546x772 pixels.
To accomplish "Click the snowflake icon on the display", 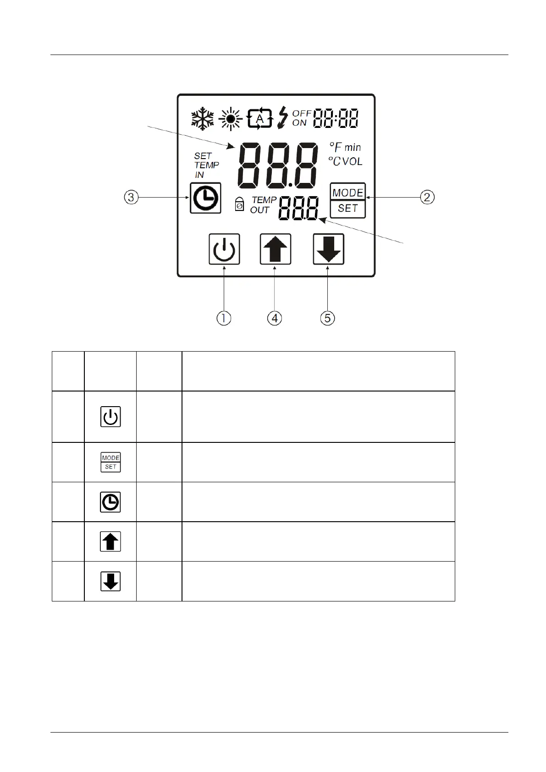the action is [203, 119].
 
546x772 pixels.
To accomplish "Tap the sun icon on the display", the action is [230, 119].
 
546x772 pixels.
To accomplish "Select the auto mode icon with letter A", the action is [260, 118].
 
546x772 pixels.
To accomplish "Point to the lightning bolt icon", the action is [283, 117].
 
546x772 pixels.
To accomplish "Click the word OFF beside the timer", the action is [302, 113].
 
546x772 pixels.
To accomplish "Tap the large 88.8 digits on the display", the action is [277, 165].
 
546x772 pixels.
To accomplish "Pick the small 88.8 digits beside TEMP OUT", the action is [298, 209].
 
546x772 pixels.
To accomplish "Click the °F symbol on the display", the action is [336, 148].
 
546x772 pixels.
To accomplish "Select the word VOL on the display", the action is [352, 161].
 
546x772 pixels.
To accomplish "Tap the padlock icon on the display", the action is [239, 204].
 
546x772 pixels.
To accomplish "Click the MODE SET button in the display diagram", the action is [347, 200].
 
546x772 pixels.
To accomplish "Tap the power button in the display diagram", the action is [224, 249].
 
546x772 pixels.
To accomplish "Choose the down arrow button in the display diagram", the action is [328, 249].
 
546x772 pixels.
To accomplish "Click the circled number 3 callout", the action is [131, 198].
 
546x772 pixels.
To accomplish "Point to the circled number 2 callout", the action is [427, 198].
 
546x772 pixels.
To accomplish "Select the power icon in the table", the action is [110, 417].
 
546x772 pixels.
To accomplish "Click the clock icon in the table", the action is [110, 502].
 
